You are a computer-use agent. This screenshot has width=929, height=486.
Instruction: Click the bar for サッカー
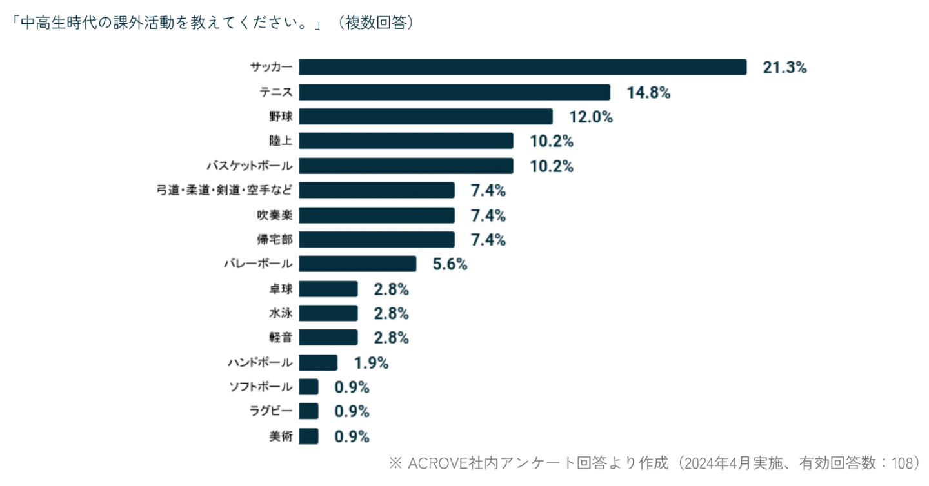click(x=523, y=67)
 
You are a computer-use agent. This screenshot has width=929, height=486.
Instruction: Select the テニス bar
click(x=454, y=92)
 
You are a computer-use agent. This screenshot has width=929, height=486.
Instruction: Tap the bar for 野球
click(x=426, y=117)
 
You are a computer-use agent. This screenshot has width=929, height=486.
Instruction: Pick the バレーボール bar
click(x=357, y=264)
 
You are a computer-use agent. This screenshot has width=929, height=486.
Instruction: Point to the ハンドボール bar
click(x=318, y=363)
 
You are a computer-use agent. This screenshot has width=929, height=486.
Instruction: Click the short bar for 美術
click(x=308, y=436)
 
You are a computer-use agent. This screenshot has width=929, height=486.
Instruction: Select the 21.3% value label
click(x=784, y=68)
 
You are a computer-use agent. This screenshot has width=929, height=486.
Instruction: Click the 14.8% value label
click(x=648, y=93)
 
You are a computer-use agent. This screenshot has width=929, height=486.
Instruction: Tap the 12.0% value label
click(x=590, y=117)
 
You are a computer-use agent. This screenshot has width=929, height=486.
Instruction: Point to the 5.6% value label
click(x=450, y=264)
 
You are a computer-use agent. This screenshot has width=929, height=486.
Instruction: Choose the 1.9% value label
click(x=371, y=363)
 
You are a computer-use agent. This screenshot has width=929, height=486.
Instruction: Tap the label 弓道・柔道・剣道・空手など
click(x=225, y=191)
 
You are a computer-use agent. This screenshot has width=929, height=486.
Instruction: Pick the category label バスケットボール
click(x=249, y=166)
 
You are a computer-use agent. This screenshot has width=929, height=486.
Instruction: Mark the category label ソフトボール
click(x=261, y=387)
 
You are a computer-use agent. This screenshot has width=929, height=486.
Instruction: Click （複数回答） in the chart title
click(x=375, y=23)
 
